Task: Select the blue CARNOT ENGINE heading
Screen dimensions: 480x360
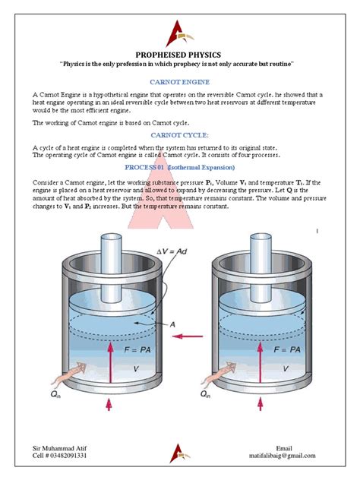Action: tap(180, 81)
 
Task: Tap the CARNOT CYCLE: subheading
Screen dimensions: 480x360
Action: tap(180, 134)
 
